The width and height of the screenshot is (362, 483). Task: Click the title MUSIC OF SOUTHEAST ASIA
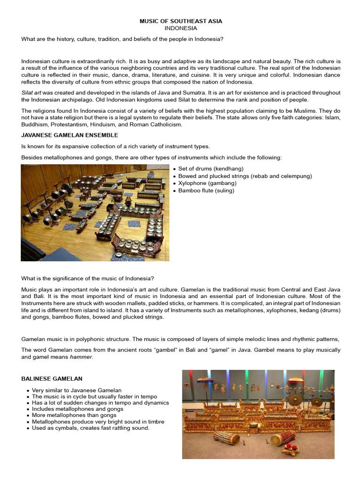point(181,21)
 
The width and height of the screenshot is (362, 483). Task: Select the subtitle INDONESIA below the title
point(181,28)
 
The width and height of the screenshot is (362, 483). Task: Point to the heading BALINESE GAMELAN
point(52,378)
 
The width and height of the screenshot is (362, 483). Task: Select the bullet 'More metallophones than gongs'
point(74,415)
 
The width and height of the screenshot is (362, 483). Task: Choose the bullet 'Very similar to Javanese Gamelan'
point(77,390)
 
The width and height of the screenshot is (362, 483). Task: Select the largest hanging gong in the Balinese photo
point(296,400)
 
